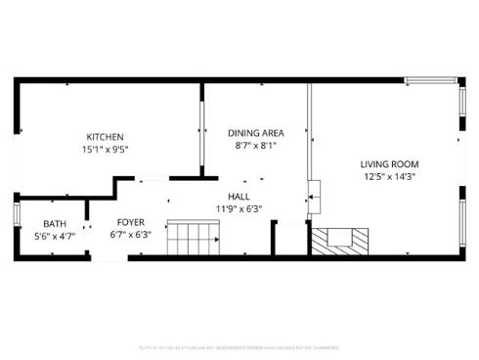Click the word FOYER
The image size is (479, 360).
(131, 222)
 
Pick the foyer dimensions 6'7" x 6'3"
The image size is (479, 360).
(131, 235)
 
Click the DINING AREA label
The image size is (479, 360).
(255, 132)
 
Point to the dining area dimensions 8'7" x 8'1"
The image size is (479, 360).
(255, 145)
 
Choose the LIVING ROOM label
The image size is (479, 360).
(388, 164)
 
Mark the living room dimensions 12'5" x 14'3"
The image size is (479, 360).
(388, 177)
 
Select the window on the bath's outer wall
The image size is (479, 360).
(16, 215)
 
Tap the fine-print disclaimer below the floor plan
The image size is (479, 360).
(239, 346)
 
